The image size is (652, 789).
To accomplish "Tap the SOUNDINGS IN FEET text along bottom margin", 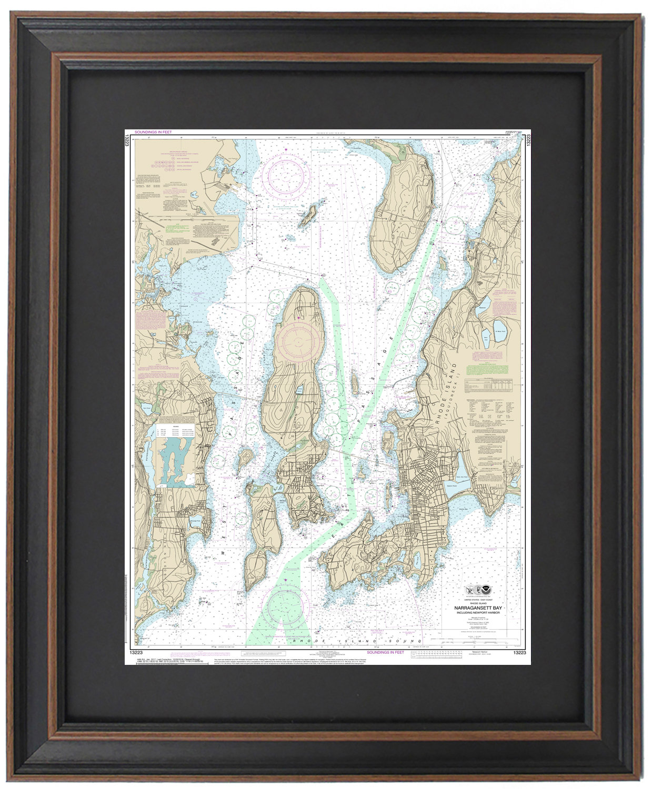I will [x=385, y=652].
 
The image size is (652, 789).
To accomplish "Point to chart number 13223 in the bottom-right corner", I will [x=519, y=652].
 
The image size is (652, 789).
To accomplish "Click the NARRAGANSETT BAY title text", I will [x=478, y=608].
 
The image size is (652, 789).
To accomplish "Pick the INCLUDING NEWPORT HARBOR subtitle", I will [x=478, y=613].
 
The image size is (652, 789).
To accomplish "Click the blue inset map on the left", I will [x=175, y=463].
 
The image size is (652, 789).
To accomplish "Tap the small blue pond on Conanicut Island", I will [x=299, y=390].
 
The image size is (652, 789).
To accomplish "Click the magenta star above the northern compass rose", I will [x=286, y=150].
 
